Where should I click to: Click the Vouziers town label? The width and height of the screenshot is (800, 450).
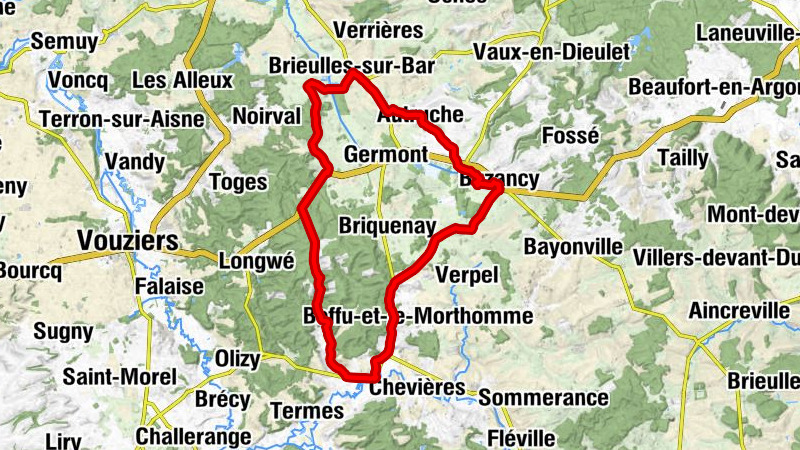point(127,241)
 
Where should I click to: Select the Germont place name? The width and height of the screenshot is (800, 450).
point(384,155)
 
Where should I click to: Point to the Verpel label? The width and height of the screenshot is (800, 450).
point(467,273)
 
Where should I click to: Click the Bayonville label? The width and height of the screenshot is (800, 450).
point(573,245)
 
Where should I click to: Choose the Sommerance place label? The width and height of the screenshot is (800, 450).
point(543,398)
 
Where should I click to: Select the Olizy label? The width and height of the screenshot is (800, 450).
point(238,358)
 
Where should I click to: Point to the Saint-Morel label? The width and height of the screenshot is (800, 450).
point(119,377)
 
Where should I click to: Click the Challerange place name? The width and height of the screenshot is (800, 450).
point(193,436)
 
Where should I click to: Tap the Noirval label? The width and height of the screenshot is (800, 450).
point(266,116)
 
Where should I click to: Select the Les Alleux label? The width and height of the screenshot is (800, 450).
point(182,79)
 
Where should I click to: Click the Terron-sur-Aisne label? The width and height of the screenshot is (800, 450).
point(121,119)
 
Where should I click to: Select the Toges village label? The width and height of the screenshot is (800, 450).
point(240,182)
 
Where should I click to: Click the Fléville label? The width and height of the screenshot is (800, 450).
point(520,437)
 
